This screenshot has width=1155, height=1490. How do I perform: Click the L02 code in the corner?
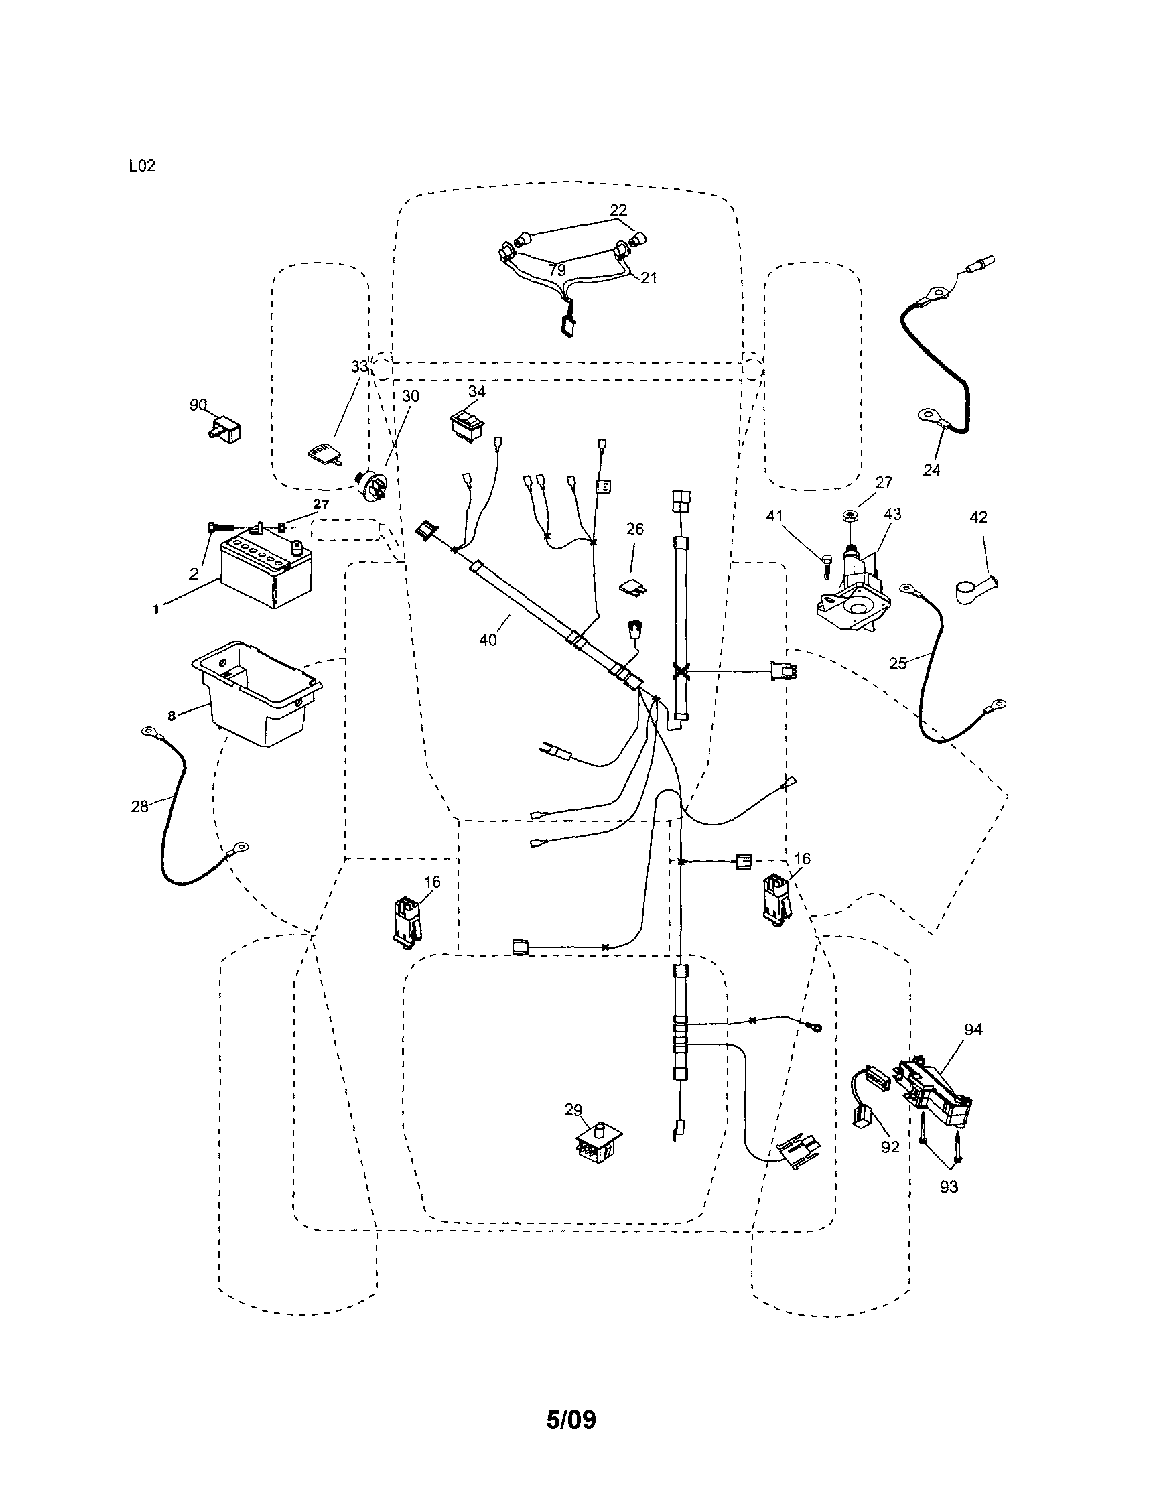142,165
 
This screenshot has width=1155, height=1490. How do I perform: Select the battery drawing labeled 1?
265,570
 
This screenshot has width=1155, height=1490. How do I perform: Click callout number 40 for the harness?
488,640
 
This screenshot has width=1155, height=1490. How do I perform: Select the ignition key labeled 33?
322,454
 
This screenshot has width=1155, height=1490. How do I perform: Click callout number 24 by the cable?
931,470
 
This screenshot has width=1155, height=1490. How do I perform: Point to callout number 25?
898,663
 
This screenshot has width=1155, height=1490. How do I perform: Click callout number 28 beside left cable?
139,807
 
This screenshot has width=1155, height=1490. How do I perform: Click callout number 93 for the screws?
948,1187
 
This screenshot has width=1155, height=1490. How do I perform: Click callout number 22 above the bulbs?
618,210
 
